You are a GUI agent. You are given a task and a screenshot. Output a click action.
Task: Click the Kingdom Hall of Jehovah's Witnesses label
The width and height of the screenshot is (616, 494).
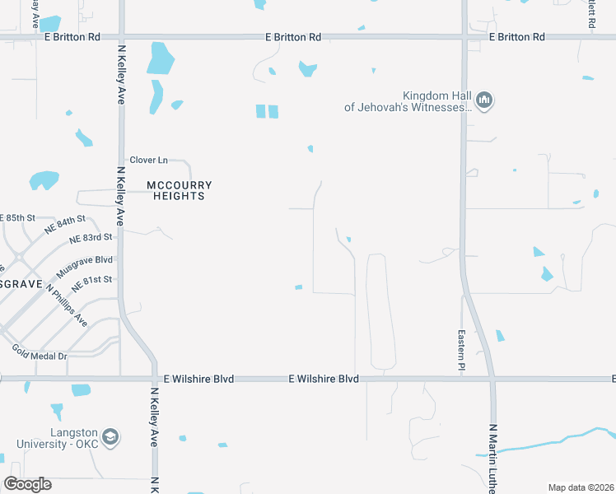[408, 101]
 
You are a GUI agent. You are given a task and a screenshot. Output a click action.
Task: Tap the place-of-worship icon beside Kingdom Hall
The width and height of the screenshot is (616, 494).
[484, 101]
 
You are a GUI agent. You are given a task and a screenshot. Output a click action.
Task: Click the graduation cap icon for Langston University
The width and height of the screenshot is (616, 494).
[111, 436]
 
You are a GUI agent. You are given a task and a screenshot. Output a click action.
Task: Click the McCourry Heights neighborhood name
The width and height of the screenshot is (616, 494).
[175, 190]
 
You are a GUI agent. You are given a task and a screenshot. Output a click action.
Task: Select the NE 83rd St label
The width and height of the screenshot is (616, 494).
[91, 238]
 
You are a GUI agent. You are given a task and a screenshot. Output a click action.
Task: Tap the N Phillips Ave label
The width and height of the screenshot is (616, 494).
[68, 305]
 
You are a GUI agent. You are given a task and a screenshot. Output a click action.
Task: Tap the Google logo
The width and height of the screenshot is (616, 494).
[27, 484]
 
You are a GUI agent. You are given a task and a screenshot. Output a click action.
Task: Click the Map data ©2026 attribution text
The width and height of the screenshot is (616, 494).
[581, 487]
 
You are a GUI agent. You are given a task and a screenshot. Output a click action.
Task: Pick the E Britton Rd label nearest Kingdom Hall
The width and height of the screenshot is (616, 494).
[516, 37]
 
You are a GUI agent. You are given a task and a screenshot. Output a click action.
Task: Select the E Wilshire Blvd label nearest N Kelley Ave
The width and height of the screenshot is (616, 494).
[198, 379]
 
